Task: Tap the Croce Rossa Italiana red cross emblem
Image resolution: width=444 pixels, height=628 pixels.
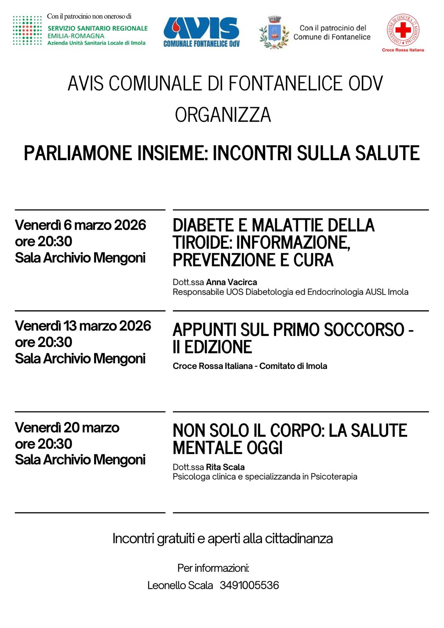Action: (x=403, y=30)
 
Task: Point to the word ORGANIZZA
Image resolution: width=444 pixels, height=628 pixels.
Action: (x=223, y=115)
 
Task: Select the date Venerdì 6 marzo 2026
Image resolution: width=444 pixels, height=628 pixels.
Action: (x=80, y=225)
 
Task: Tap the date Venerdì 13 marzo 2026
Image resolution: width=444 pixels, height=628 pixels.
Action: (x=83, y=326)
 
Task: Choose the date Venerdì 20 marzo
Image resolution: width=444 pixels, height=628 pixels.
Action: (x=67, y=427)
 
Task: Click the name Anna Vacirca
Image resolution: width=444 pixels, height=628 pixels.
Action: (x=231, y=282)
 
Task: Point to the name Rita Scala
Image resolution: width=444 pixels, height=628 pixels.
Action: (x=225, y=467)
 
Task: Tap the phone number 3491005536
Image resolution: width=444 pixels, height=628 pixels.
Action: (x=249, y=585)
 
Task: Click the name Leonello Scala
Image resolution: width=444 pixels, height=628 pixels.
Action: (x=180, y=585)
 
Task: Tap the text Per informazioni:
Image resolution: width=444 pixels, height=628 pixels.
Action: (x=213, y=568)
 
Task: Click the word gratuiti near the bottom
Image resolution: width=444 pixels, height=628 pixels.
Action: (x=176, y=539)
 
